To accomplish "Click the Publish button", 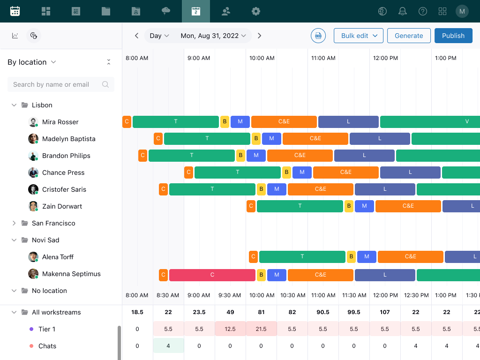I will coord(453,36).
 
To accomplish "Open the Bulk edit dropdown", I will coord(358,36).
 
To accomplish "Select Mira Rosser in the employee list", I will coord(60,122).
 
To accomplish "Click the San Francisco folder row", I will coord(53,223).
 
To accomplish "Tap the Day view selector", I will coord(159,36).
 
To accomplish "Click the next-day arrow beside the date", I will coord(260,36).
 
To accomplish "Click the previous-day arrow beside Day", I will coord(136,36).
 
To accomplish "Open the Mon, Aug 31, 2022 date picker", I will coord(213,36).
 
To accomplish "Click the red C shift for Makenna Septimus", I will coord(212,275).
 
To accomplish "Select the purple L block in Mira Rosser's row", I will coord(348,122).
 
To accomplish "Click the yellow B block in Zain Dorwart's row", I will coord(349,206).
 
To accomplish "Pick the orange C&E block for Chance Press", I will coord(345,172).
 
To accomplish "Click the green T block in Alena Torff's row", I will coord(302,257).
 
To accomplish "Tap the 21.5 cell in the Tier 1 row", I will coord(261,329).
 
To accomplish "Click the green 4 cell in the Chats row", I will coord(168,346).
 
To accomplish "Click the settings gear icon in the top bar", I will coord(255,11).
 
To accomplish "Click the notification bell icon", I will coord(402,11).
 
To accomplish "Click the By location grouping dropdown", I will coord(32,62).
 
